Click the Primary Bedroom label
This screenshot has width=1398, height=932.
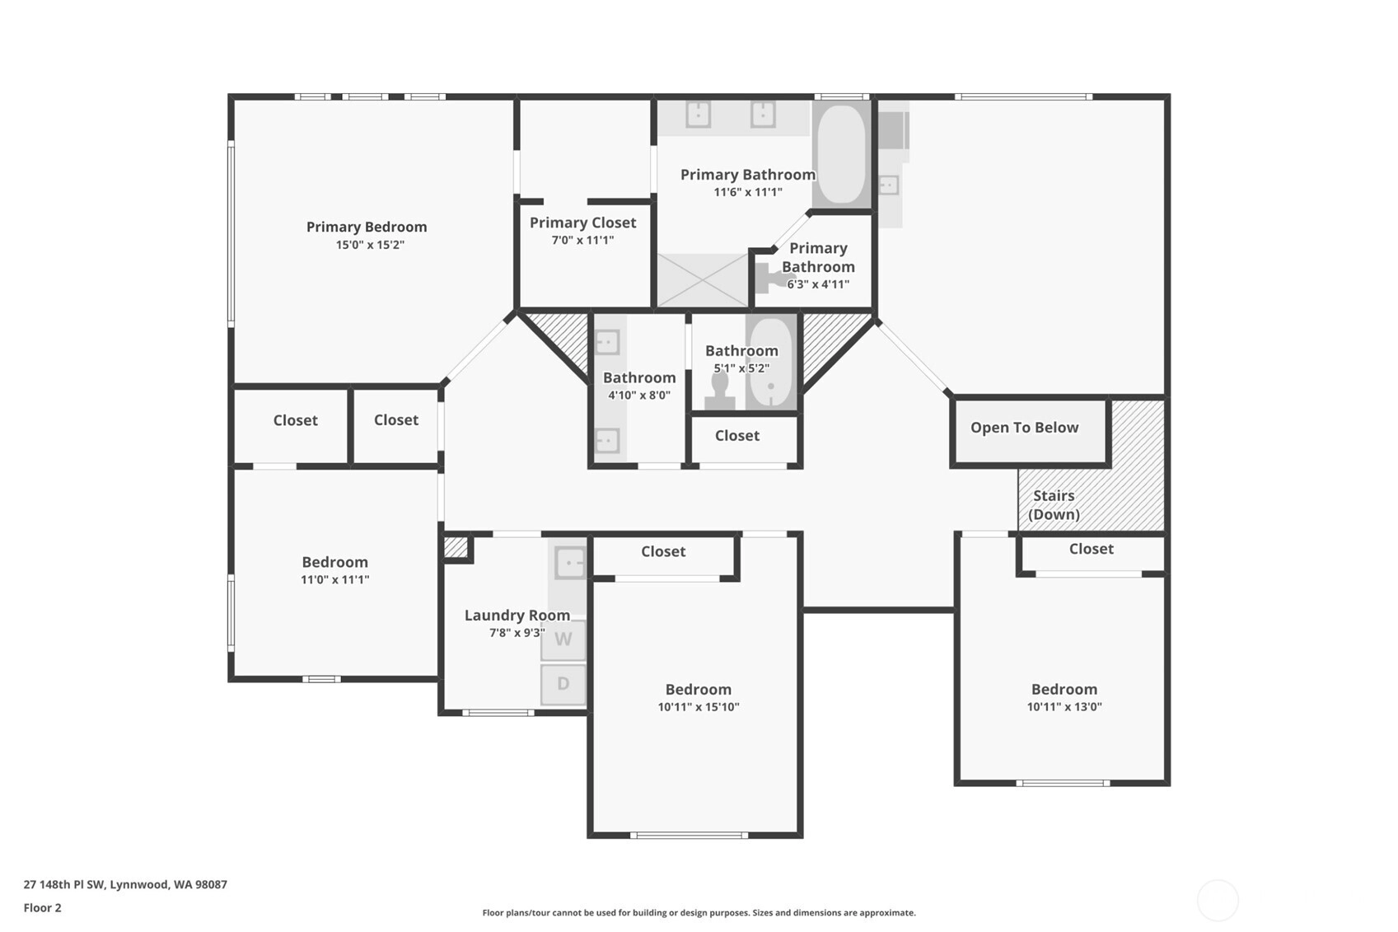[x=367, y=227]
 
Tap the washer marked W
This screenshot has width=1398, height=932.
[x=563, y=639]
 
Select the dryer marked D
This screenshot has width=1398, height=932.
[x=563, y=684]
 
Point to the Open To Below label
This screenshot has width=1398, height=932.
[x=1024, y=428]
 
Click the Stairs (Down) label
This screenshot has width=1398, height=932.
[x=1054, y=505]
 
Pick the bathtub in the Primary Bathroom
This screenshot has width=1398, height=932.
[x=841, y=154]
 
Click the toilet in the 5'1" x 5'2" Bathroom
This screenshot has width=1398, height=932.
[x=720, y=391]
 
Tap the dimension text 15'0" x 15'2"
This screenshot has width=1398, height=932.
[x=370, y=245]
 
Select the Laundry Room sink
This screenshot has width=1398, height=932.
[x=570, y=563]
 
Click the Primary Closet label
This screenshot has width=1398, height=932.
[x=583, y=222]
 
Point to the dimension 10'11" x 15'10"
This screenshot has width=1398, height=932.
[x=699, y=707]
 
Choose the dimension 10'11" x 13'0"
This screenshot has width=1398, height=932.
[x=1064, y=707]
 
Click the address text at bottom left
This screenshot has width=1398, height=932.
[x=125, y=884]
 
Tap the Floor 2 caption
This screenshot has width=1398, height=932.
[x=43, y=907]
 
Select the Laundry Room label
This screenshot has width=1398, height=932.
[x=517, y=615]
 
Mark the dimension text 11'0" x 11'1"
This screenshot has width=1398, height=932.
[x=335, y=579]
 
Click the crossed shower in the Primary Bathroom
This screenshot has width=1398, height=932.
[x=703, y=280]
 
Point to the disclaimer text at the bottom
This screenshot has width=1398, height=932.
[x=699, y=913]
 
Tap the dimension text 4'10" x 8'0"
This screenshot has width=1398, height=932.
[x=639, y=396]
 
